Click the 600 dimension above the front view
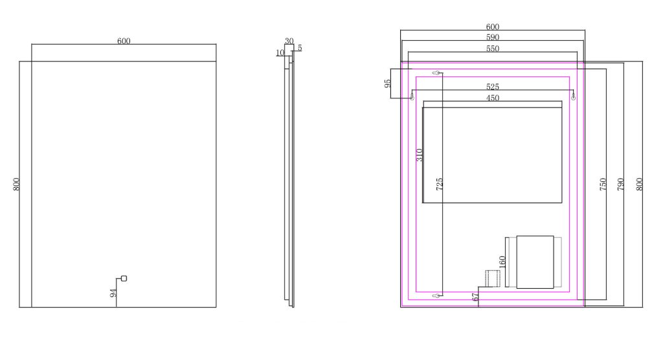coord(124,41)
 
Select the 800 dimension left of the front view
coord(16,184)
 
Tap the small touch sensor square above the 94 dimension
coord(124,278)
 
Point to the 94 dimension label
coord(113,293)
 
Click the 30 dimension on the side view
coord(289,41)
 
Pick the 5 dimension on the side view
coord(300,48)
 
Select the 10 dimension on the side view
coord(280,53)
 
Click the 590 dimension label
coord(493,37)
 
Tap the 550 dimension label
coord(493,49)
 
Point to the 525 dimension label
coord(493,87)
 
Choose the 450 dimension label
coord(493,98)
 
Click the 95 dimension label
coord(388,84)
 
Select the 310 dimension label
coord(419,155)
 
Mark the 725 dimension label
coord(440,184)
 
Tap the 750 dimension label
coord(603,184)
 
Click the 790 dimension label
coord(621,184)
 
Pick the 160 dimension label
coord(502,262)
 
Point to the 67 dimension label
coord(476,297)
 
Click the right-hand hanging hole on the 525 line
coord(574,97)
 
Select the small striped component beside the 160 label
coord(493,278)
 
